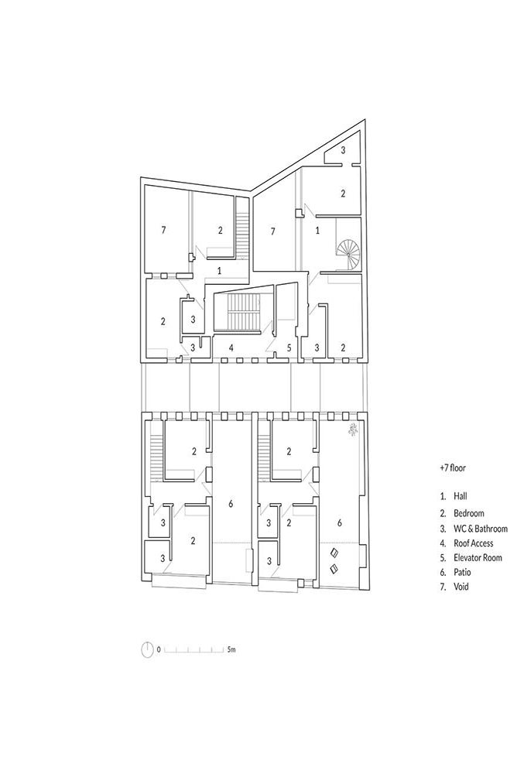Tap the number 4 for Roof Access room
[x=231, y=348]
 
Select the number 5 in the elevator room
[x=289, y=348]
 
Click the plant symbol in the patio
[x=353, y=430]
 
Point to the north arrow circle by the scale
[x=147, y=649]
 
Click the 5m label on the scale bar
[x=231, y=649]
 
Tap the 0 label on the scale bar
[x=159, y=649]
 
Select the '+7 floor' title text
[x=453, y=467]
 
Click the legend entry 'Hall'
[x=461, y=496]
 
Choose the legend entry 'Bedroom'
[x=469, y=513]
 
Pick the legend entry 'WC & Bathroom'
[x=481, y=529]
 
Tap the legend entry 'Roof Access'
[x=474, y=543]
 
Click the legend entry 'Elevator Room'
[x=478, y=558]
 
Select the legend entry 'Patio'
[x=462, y=572]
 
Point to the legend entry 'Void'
[x=461, y=587]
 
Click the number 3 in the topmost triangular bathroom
[x=344, y=149]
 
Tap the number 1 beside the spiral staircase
[x=317, y=230]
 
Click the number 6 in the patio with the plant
[x=339, y=522]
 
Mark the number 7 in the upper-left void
[x=163, y=230]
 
